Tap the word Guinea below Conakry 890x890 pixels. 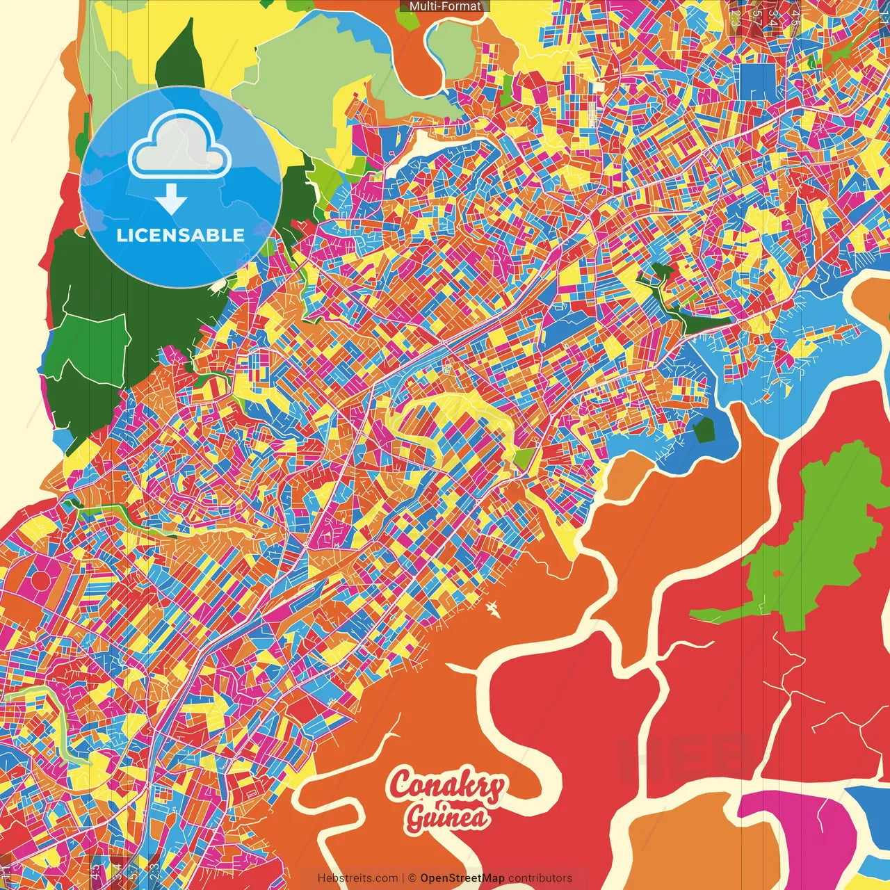[446, 818]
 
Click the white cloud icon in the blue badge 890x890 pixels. [180, 147]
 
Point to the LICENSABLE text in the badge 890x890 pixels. [181, 235]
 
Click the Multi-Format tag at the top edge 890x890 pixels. [445, 6]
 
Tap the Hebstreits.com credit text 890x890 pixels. [357, 878]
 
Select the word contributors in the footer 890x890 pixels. [540, 878]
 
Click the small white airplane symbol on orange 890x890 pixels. [494, 610]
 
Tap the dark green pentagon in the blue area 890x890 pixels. [704, 430]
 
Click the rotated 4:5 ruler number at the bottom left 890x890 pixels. [95, 870]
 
